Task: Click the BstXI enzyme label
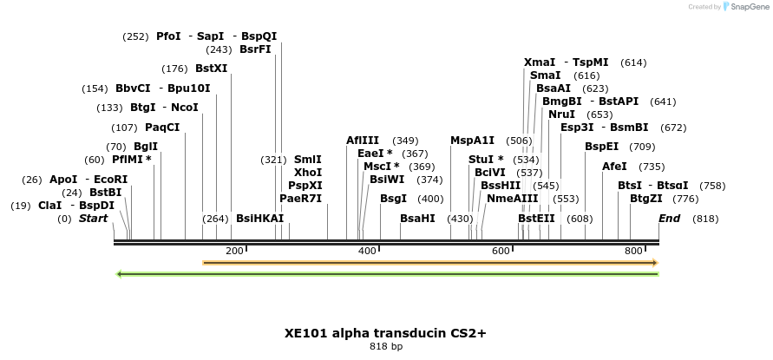tap(211, 69)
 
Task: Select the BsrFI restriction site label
tap(255, 49)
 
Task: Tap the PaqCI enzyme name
tap(162, 128)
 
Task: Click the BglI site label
tap(146, 147)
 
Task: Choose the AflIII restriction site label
tap(363, 141)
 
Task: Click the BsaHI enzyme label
tap(417, 219)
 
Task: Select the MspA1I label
tap(472, 141)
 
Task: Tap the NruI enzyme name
tap(561, 115)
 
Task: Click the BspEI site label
tap(601, 147)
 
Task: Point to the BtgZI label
tap(645, 199)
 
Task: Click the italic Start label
tap(94, 219)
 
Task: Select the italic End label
tap(670, 219)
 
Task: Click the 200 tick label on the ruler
tap(234, 251)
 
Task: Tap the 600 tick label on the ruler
tap(501, 251)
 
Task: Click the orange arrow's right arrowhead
tap(655, 262)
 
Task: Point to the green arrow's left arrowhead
tap(120, 274)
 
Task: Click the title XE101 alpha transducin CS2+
tap(386, 332)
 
